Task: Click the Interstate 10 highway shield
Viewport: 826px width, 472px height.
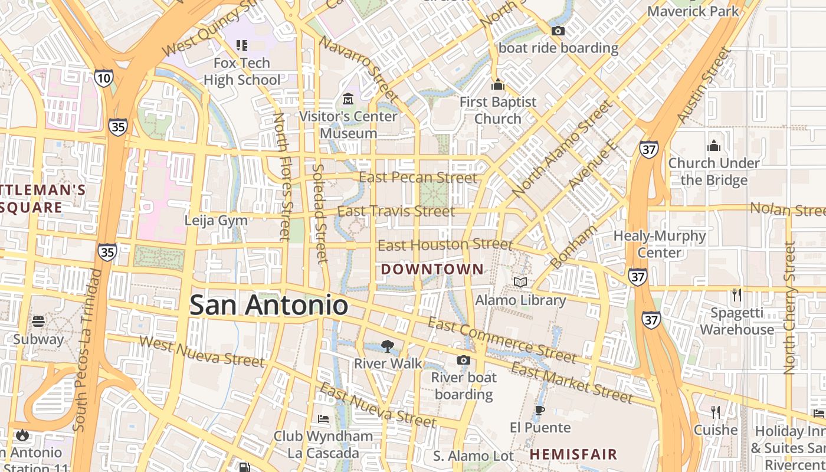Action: [103, 78]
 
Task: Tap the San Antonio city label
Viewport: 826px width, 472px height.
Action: [268, 305]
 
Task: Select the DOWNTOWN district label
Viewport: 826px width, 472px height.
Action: [432, 270]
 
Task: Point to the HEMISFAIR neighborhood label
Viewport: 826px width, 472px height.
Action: [573, 454]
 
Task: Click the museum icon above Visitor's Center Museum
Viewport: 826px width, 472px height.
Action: [348, 98]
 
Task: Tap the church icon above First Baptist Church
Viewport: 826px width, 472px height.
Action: [498, 84]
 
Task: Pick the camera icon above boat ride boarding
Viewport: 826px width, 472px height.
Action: [558, 31]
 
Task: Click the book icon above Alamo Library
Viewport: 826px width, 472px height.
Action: [520, 283]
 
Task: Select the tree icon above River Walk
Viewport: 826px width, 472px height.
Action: [388, 346]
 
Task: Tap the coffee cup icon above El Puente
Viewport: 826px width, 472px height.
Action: [539, 410]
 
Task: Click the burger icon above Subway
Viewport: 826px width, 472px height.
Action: [38, 322]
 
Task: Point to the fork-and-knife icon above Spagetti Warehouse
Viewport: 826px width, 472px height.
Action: [736, 294]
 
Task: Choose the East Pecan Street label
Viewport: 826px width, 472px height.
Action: [418, 178]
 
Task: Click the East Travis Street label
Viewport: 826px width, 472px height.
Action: [396, 211]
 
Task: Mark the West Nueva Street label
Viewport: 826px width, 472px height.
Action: [194, 350]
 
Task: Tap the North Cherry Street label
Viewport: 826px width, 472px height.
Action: [789, 309]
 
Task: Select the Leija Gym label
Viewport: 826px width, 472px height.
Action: [216, 221]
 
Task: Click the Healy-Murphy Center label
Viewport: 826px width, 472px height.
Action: [660, 244]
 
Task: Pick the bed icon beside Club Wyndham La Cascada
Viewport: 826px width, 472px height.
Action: [323, 419]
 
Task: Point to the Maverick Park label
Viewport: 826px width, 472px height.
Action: [693, 11]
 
